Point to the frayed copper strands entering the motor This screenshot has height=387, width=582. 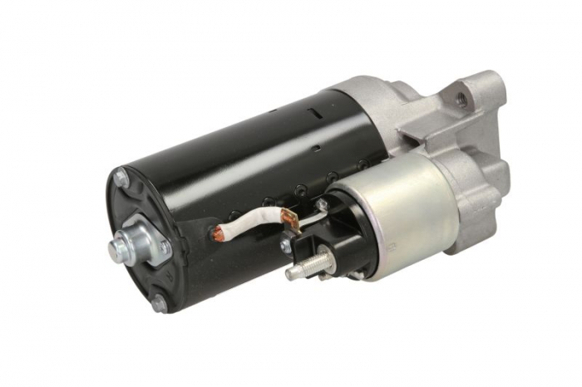(x=218, y=238)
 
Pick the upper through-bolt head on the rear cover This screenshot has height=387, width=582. (x=122, y=177)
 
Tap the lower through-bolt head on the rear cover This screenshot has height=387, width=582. (x=158, y=305)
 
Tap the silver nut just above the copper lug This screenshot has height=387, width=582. (x=320, y=204)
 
